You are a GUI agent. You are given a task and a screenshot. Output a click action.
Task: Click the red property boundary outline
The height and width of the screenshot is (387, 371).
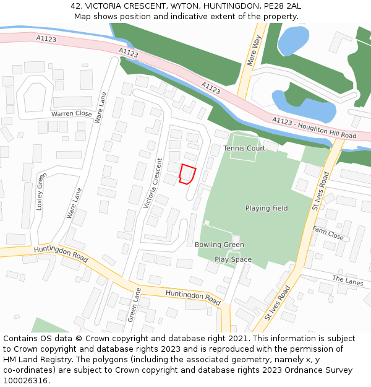[x=187, y=174]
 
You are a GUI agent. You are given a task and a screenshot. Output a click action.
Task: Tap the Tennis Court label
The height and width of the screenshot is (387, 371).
[x=244, y=149]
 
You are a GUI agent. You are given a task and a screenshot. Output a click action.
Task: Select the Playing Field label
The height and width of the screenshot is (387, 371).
[x=266, y=209]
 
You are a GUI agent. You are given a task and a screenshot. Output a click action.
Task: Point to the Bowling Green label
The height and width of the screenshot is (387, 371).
[x=219, y=245]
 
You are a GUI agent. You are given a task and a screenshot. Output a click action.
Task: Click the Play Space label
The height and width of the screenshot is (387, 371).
[x=233, y=259]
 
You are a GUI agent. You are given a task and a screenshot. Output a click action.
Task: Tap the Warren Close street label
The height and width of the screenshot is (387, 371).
[x=71, y=114]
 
